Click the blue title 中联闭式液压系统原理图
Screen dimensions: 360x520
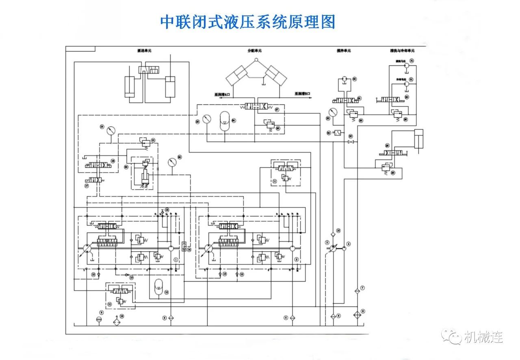(248, 22)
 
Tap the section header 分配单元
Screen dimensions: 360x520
(255, 50)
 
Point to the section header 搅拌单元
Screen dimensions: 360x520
(344, 50)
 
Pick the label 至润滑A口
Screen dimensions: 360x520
(223, 94)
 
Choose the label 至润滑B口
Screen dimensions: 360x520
(303, 94)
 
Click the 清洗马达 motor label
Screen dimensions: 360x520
(401, 61)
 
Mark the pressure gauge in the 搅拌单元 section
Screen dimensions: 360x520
(334, 112)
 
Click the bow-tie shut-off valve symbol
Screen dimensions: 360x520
(350, 142)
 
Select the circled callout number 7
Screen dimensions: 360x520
(362, 288)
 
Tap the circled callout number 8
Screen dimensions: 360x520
(363, 311)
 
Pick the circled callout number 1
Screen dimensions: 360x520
(175, 259)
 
